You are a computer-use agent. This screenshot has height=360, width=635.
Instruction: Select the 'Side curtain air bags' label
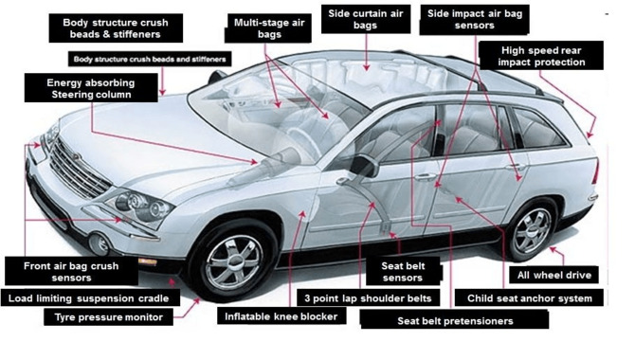(x=366, y=21)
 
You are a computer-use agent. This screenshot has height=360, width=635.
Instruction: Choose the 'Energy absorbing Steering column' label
(x=91, y=89)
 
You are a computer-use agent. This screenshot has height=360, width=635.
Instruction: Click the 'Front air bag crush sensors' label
(x=66, y=272)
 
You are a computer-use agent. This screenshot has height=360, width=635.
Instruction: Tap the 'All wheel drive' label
(x=554, y=275)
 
